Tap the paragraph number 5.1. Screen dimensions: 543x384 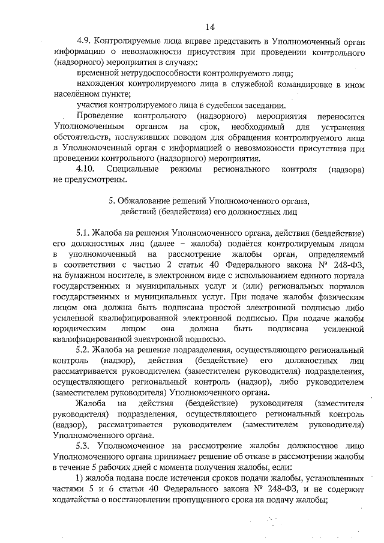85,232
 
